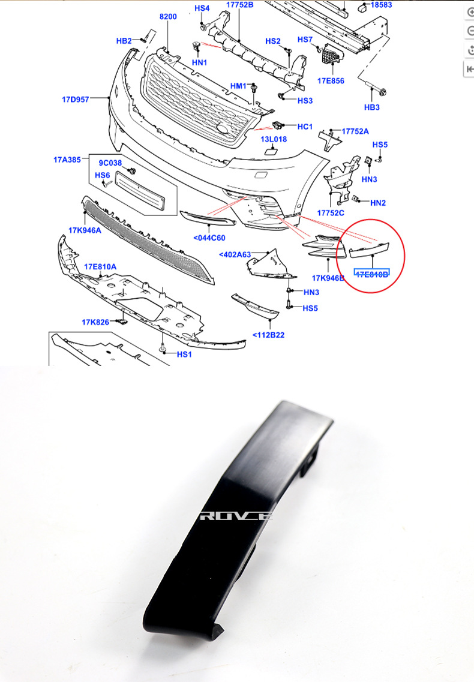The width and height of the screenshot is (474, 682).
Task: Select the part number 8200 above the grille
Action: tap(168, 17)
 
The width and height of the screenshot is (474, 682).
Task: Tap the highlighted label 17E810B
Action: tap(372, 274)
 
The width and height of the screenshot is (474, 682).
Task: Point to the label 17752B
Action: tap(240, 5)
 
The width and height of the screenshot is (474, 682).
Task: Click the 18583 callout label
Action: tap(381, 5)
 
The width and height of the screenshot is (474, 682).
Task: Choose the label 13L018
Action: tap(274, 139)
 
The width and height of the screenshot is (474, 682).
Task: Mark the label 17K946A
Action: tap(85, 230)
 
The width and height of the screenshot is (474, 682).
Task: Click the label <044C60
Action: tap(209, 238)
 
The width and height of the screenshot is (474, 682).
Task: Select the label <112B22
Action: tap(268, 335)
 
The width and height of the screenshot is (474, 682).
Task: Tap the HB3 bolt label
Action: tap(372, 107)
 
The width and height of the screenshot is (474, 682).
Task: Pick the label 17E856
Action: tap(331, 80)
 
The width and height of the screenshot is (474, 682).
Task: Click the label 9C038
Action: tap(110, 163)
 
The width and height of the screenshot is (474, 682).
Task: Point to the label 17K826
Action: tap(95, 322)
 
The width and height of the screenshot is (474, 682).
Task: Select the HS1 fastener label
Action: tap(184, 354)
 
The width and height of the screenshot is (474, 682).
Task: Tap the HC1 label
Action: tap(305, 127)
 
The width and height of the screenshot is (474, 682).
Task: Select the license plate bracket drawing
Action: tap(139, 190)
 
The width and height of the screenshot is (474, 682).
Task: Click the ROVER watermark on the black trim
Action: tap(236, 515)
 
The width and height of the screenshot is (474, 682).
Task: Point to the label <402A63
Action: tap(235, 254)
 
